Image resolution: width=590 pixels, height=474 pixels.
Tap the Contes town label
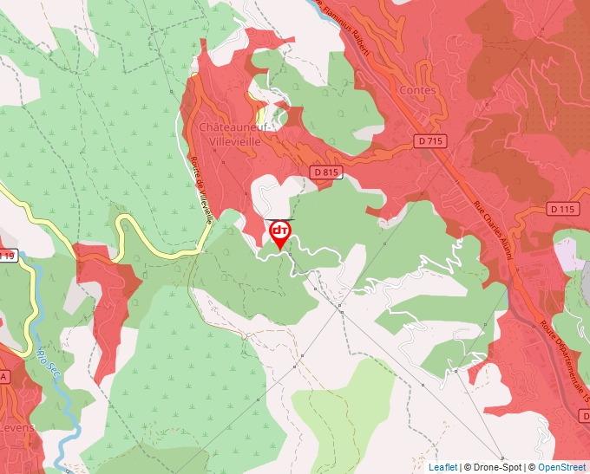[x=416, y=89]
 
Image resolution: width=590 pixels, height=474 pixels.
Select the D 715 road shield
[x=429, y=140]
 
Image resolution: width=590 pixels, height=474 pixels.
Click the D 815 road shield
[x=324, y=172]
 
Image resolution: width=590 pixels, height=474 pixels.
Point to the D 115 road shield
[x=562, y=209]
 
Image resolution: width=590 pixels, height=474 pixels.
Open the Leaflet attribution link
[x=442, y=467]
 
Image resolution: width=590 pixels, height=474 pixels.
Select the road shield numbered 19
[x=7, y=256]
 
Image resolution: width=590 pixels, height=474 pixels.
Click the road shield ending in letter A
[x=4, y=377]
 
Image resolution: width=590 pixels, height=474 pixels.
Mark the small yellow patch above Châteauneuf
[x=259, y=114]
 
